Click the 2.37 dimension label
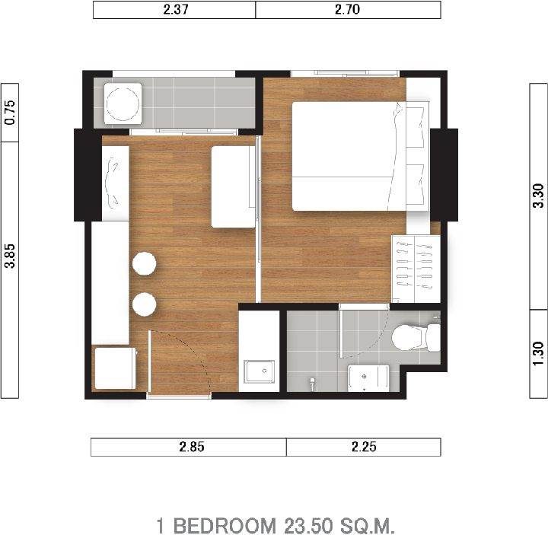coord(176,9)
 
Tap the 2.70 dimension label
coord(347,9)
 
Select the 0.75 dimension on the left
coord(10,113)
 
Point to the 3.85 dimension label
coord(10,256)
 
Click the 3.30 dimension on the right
coord(539,196)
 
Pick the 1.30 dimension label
coord(539,353)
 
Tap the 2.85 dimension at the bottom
coord(192,447)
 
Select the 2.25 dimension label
coord(364,447)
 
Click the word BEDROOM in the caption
coord(225,525)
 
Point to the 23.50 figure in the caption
coord(308,525)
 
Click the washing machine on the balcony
coord(123,103)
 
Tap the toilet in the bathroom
coord(416,337)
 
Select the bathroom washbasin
coord(368,378)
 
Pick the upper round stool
coord(145,263)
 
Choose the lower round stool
coord(145,304)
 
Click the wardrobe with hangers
coord(416,269)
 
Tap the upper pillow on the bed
coord(417,127)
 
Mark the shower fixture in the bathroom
coord(312,383)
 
